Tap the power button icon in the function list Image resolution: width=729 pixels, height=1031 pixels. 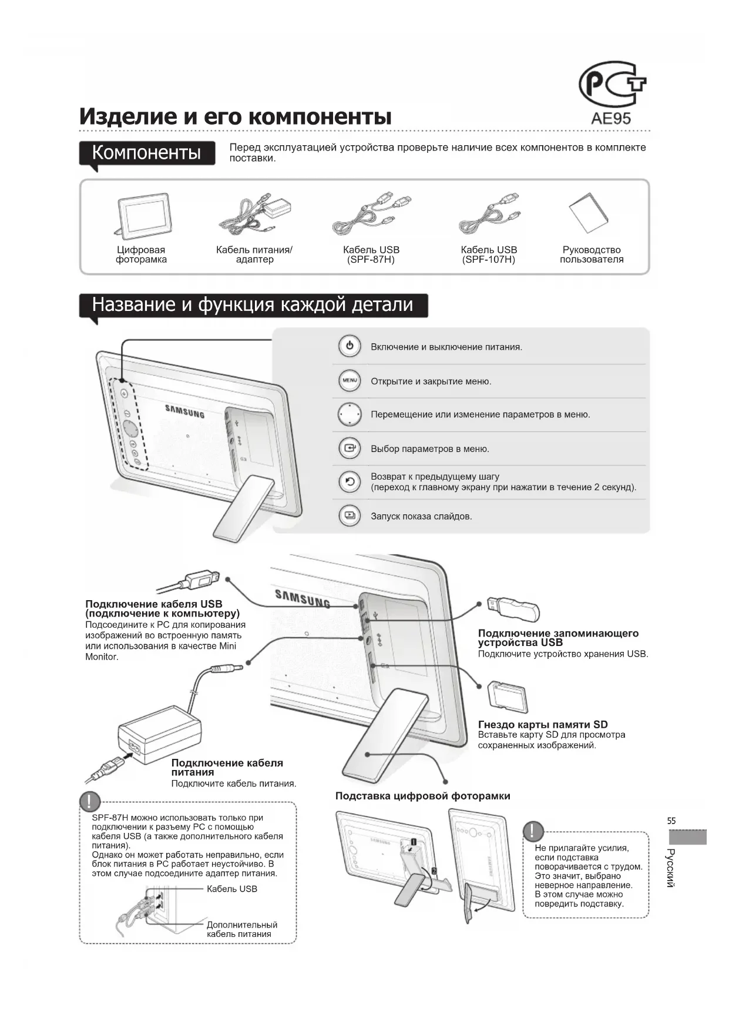350,346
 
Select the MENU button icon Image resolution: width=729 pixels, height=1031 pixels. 350,381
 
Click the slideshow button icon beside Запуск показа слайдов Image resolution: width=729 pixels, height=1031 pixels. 350,515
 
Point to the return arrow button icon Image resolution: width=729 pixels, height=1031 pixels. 350,482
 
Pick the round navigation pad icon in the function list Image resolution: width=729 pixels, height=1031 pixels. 350,414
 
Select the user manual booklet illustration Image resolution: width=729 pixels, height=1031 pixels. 589,213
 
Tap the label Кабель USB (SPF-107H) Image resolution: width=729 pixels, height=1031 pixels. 489,255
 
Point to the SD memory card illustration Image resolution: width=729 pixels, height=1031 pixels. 508,697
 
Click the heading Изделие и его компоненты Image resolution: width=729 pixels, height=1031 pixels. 236,116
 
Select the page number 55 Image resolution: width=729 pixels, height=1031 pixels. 671,821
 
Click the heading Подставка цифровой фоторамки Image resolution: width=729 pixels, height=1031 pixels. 422,796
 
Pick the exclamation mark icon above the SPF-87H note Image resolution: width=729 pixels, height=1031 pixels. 90,802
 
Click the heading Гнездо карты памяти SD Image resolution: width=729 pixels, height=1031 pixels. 543,725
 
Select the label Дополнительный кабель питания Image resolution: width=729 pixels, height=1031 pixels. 241,929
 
